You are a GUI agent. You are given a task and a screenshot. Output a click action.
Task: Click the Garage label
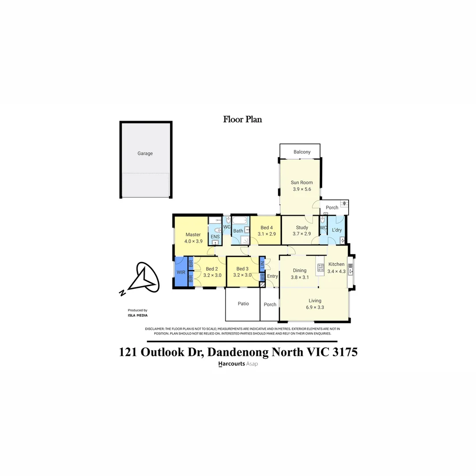(x=145, y=153)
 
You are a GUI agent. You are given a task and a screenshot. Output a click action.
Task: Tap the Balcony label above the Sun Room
(x=302, y=152)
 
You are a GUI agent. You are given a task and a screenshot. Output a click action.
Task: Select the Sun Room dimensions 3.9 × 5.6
(x=302, y=189)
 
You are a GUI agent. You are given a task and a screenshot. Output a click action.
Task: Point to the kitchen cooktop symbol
(x=320, y=267)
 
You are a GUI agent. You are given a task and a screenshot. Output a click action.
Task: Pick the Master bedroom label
(x=193, y=234)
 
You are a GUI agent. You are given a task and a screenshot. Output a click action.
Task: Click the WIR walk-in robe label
(x=181, y=272)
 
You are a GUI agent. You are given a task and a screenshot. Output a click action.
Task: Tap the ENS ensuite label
(x=215, y=237)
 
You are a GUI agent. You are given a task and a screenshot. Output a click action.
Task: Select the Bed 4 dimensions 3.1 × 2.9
(x=267, y=234)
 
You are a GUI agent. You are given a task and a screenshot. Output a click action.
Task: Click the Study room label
(x=302, y=227)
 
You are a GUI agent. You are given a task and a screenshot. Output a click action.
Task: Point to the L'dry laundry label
(x=337, y=230)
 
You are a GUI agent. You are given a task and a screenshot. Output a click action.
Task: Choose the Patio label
(x=243, y=304)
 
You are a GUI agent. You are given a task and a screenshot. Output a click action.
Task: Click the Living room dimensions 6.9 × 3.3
(x=315, y=308)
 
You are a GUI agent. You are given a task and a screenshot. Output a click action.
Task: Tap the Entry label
(x=272, y=276)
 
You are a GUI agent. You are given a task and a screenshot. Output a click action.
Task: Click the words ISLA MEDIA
(x=138, y=316)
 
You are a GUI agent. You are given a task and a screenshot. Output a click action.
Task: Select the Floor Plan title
(x=242, y=119)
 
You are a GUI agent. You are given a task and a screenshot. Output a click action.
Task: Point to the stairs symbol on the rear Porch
(x=344, y=204)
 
